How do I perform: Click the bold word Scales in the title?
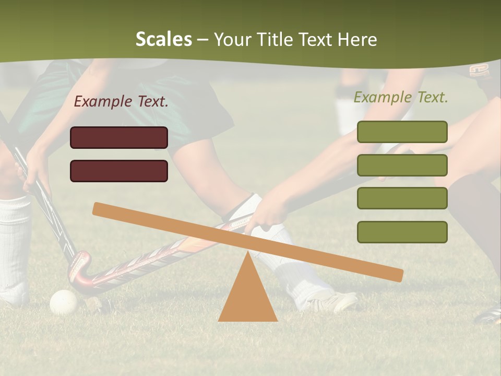click(163, 40)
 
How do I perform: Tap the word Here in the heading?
click(357, 40)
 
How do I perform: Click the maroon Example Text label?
click(121, 101)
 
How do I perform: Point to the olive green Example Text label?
click(401, 97)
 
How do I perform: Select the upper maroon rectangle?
click(119, 137)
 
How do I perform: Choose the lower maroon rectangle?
click(119, 171)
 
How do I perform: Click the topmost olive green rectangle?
click(402, 132)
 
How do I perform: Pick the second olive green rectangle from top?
click(402, 165)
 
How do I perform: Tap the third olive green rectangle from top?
click(402, 198)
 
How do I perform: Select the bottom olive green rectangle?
click(402, 232)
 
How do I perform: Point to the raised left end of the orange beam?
click(99, 209)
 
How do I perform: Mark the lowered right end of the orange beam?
click(397, 275)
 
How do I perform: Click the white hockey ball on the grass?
click(63, 302)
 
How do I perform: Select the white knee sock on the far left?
click(14, 245)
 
